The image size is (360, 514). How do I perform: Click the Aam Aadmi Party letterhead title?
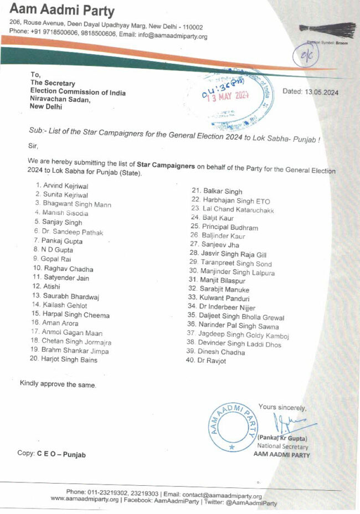coord(61,11)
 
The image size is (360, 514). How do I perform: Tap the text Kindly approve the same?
coord(58,384)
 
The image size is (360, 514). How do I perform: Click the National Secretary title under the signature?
coord(280,446)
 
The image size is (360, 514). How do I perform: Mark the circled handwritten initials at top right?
coord(306,56)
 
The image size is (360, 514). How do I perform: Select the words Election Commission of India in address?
coord(78,92)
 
